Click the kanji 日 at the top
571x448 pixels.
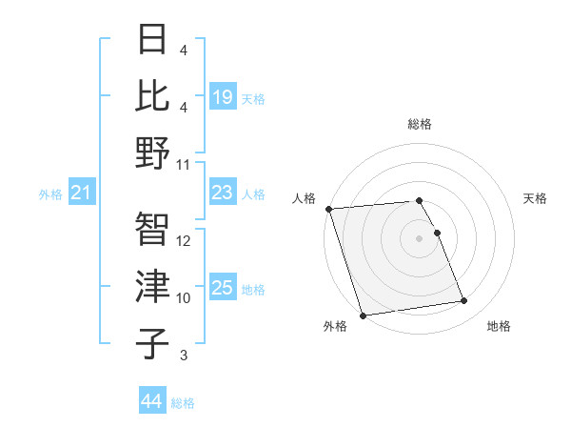click(154, 40)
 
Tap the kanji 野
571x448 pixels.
click(154, 153)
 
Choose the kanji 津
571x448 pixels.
click(154, 286)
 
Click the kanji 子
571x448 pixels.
click(154, 343)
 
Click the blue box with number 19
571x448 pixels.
click(222, 96)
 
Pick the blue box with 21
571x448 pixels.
click(82, 193)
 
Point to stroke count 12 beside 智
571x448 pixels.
click(185, 241)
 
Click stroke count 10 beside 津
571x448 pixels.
click(185, 298)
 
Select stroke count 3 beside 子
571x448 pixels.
click(183, 356)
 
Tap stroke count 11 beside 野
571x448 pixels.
click(185, 165)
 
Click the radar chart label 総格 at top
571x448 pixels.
click(420, 124)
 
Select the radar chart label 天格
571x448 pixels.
click(535, 198)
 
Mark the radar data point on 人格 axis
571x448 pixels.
click(328, 208)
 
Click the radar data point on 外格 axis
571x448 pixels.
click(364, 316)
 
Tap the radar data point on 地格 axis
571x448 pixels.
click(464, 301)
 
